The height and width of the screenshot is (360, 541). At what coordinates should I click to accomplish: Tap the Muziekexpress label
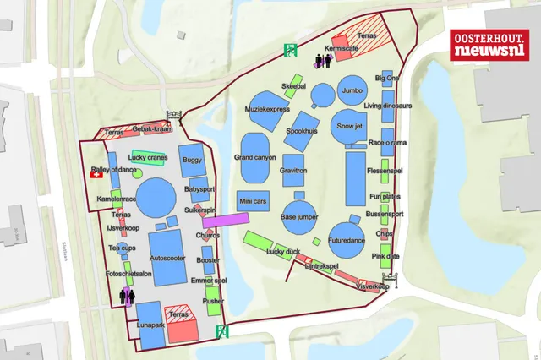coord(267,109)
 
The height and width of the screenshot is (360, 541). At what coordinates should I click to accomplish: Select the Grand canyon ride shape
coord(254,158)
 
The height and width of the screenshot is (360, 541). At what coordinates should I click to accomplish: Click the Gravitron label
coord(292,171)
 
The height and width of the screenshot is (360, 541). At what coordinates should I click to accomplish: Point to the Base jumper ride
coord(300,216)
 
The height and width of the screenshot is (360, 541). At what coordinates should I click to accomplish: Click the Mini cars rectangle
coord(253,202)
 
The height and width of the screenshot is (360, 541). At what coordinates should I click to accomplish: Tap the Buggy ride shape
coord(192,160)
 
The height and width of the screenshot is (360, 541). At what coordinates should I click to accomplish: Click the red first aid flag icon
coord(96,175)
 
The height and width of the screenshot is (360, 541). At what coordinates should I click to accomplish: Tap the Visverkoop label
coord(372,287)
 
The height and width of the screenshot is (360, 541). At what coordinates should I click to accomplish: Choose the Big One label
coord(387,78)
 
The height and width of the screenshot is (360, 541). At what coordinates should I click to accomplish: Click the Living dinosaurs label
coord(387,106)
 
